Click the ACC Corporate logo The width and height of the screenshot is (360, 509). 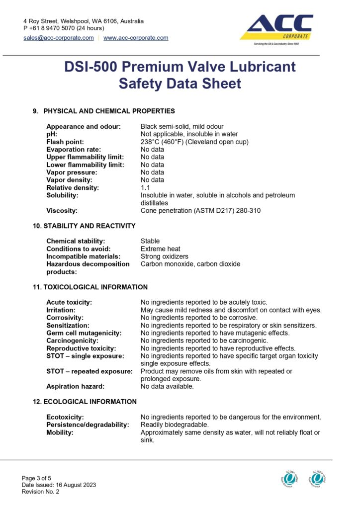click(277, 29)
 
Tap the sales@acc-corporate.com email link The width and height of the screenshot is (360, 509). click(59, 38)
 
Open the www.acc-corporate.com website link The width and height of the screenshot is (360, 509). click(136, 38)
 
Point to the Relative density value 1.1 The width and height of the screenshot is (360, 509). click(145, 188)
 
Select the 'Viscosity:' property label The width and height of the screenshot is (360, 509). click(62, 211)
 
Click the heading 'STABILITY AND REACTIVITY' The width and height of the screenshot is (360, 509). click(89, 226)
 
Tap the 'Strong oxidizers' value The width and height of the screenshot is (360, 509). click(165, 256)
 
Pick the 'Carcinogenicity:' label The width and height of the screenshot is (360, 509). click(73, 340)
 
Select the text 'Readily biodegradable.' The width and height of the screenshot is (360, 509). click(175, 425)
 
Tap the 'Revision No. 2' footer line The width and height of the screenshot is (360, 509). click(40, 492)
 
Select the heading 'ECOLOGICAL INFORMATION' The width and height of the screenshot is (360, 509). click(90, 402)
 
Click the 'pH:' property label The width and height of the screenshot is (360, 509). click(52, 134)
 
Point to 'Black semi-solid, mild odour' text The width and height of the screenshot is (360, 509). click(182, 126)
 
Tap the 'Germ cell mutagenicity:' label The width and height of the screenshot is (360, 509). click(84, 333)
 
